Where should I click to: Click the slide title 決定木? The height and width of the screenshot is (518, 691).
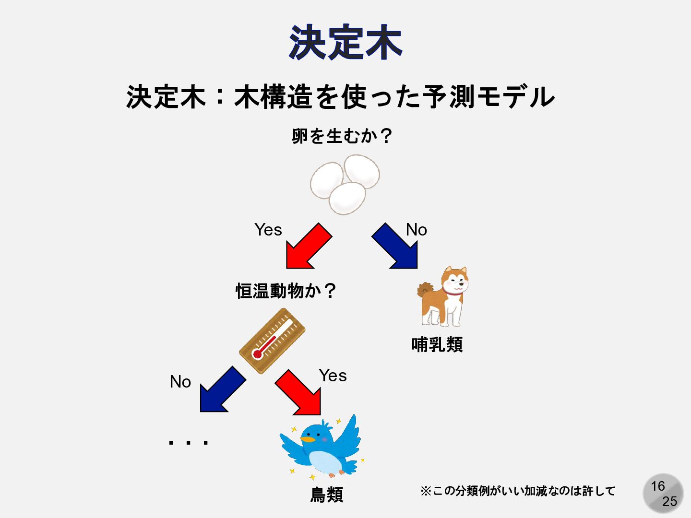click(345, 43)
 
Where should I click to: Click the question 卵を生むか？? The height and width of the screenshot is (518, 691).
click(342, 136)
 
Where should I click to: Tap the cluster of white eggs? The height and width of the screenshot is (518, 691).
click(345, 184)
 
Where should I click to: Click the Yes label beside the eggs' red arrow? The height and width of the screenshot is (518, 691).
click(268, 230)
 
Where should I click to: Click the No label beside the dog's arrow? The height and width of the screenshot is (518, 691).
click(416, 230)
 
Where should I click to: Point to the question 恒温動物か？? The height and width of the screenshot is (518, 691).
click(286, 291)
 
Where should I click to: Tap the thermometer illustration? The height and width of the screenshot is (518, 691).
click(272, 341)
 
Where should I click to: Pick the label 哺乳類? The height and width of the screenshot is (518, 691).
click(437, 344)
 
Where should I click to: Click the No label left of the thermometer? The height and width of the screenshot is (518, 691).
click(180, 382)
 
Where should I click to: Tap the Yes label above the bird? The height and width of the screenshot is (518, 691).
click(333, 376)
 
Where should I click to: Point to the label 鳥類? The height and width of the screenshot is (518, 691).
click(327, 494)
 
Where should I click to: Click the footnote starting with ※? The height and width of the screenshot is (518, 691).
click(517, 491)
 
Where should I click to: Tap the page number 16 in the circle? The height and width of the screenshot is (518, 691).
click(657, 486)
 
